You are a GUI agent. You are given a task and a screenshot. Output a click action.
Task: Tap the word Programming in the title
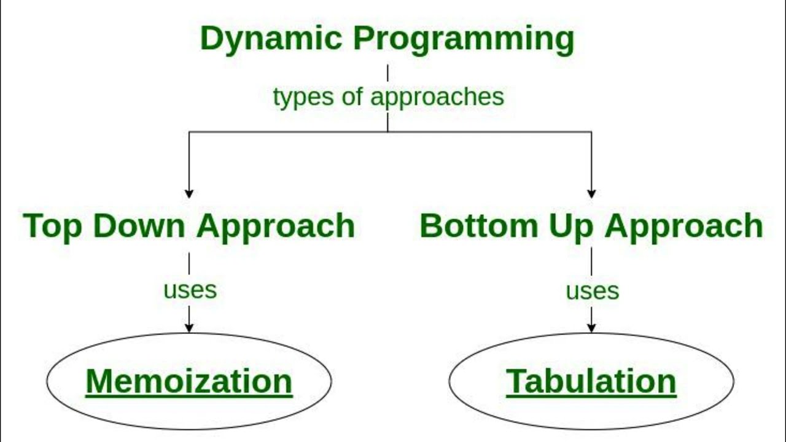464,39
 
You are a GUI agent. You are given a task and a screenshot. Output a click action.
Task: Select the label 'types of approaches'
388,97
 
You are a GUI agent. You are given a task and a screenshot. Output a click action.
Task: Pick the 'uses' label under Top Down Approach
190,290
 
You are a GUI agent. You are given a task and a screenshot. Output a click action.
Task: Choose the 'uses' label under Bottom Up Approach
592,291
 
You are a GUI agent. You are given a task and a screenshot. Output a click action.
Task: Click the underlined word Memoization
189,381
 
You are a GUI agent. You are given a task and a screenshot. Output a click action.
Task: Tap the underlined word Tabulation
591,381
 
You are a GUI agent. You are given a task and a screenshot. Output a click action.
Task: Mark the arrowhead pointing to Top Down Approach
189,193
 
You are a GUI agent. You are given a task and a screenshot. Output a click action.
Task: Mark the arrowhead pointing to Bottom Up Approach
591,193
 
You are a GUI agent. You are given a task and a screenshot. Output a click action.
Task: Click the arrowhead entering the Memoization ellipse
189,328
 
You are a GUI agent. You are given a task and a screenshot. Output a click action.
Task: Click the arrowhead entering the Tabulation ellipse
591,328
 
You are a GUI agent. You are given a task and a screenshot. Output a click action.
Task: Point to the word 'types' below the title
297,97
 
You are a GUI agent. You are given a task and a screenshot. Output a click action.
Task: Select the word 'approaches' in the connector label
437,97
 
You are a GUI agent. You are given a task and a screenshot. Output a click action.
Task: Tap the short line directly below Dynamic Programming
387,73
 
